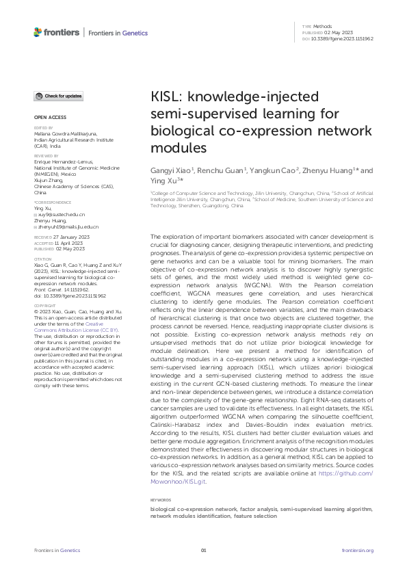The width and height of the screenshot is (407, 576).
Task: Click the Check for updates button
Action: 60,96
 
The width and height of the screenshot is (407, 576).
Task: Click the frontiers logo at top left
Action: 55,32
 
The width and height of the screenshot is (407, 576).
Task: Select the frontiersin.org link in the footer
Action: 357,550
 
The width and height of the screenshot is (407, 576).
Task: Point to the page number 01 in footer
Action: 203,550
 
